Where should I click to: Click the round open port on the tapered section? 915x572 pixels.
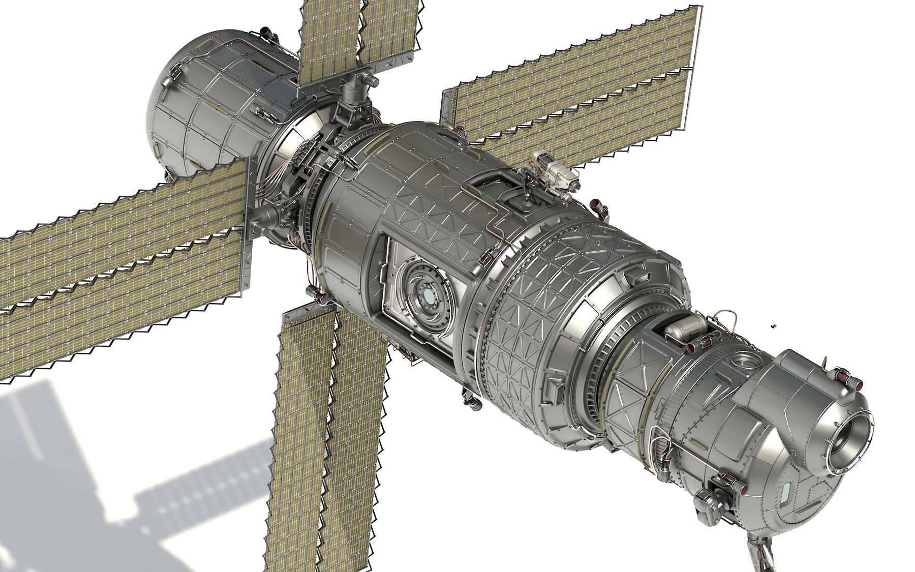point(743,362)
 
